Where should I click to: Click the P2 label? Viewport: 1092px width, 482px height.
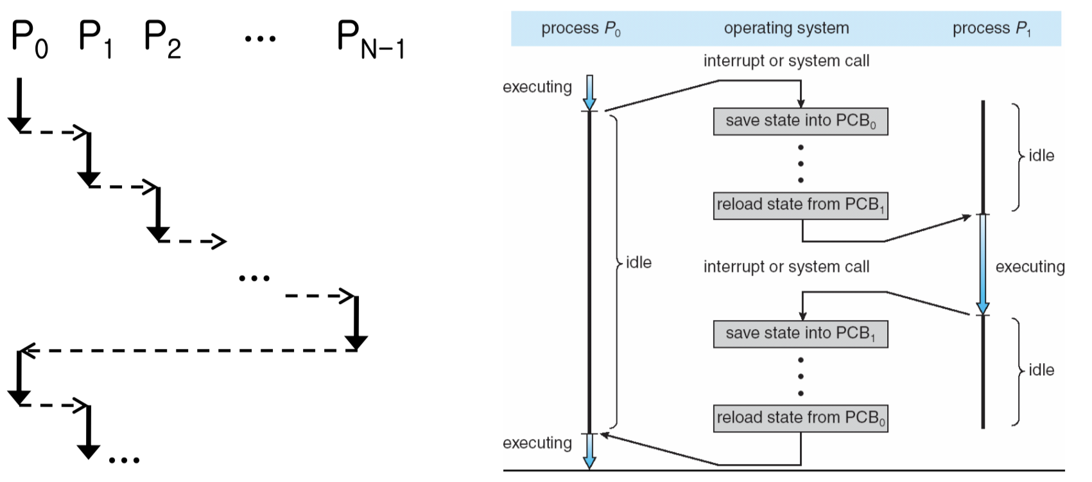[x=162, y=39]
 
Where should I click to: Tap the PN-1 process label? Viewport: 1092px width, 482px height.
[x=370, y=40]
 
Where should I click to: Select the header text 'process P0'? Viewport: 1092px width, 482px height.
[x=580, y=28]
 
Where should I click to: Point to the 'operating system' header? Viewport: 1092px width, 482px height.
[x=786, y=28]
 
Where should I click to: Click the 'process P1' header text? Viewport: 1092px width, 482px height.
[x=991, y=28]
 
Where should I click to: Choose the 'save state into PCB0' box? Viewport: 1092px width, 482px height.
[x=801, y=121]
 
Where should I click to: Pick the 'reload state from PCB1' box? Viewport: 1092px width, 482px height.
[x=801, y=206]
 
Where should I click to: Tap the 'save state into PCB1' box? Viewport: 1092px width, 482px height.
[x=801, y=334]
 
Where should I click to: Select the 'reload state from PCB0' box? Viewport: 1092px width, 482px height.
[x=801, y=418]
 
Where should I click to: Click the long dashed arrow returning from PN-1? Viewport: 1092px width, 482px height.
[x=186, y=351]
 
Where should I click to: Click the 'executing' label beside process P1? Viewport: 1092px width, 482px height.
[x=1030, y=267]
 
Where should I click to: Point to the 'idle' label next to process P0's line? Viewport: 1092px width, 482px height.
[x=638, y=262]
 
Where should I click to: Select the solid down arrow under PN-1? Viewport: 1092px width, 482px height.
[x=356, y=321]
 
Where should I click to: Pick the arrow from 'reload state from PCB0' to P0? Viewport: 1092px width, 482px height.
[x=661, y=450]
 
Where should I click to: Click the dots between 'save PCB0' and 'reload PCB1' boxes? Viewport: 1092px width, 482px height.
[x=801, y=164]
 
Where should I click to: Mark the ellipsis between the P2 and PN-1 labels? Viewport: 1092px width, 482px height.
[x=260, y=39]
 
